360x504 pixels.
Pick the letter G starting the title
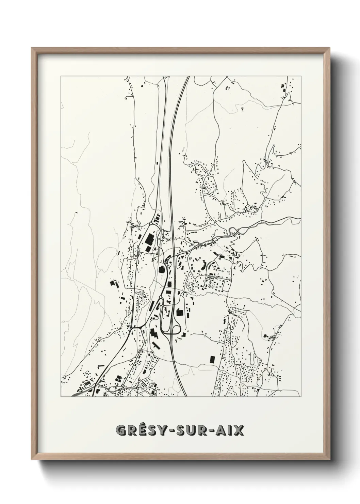coord(121,430)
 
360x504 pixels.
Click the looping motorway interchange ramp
coord(171,329)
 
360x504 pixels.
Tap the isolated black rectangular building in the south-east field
coord(212,359)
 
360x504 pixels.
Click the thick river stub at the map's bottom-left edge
coord(77,394)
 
